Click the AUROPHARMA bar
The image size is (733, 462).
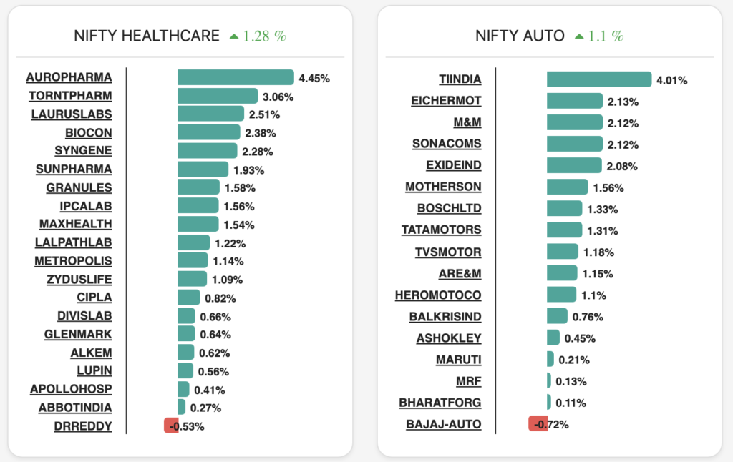(236, 77)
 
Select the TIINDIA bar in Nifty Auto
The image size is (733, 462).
(598, 79)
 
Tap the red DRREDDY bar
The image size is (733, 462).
(171, 426)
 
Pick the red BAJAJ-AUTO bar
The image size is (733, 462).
(538, 423)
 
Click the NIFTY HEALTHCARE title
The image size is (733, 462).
(147, 36)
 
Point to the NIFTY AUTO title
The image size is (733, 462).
(520, 36)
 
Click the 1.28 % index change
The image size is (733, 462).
(263, 36)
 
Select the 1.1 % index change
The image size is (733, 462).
(606, 36)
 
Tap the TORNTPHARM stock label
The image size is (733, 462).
(70, 96)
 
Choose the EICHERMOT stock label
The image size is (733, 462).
(446, 101)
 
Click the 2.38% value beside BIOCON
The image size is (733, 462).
(260, 133)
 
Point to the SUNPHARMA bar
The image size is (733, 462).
(203, 169)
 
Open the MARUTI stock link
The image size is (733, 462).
(458, 359)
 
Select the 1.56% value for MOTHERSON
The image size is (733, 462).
(608, 188)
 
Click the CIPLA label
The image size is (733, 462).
(94, 298)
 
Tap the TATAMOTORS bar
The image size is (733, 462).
(564, 230)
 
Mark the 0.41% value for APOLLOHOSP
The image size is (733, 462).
(210, 390)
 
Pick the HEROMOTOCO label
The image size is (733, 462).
(438, 295)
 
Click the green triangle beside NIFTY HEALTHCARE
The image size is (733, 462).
(233, 36)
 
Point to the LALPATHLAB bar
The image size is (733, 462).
(193, 242)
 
